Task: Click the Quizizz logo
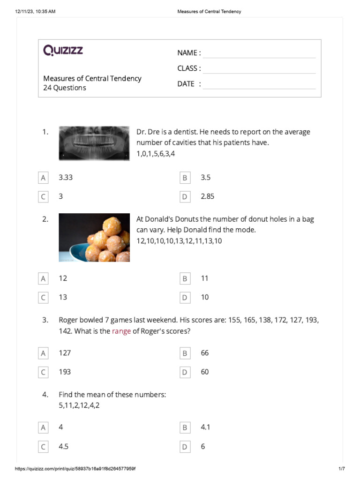pos(63,50)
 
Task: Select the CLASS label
pos(189,68)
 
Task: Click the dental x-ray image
pos(94,143)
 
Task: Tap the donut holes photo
pos(94,238)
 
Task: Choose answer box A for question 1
pos(43,178)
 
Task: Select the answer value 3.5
pos(206,178)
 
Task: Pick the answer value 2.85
pos(208,196)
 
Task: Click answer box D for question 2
pos(185,297)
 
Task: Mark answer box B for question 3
pos(185,353)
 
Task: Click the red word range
pos(121,331)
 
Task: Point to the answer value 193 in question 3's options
pos(65,372)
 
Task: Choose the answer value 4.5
pos(64,447)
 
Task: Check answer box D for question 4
pos(185,447)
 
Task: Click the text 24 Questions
pos(65,88)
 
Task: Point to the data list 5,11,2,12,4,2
pos(79,405)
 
